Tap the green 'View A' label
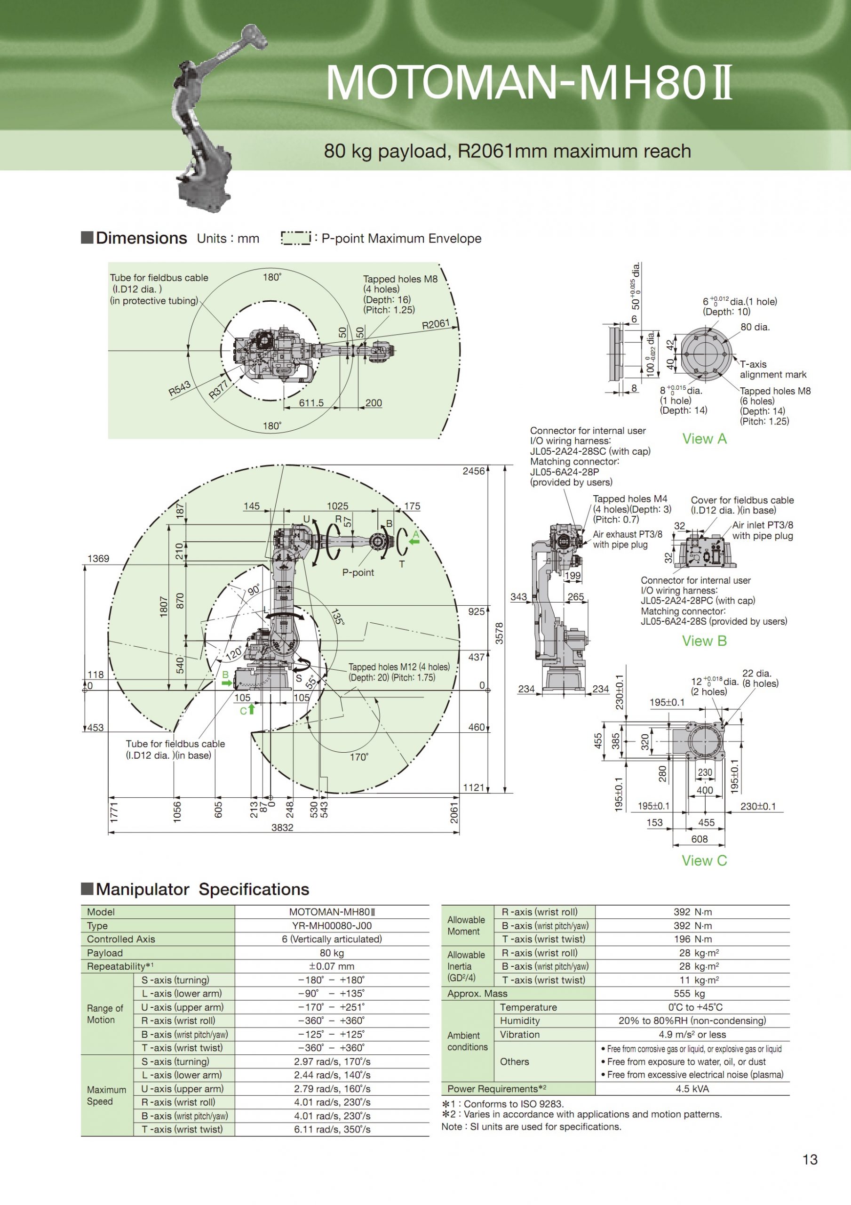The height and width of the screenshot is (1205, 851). coord(704,439)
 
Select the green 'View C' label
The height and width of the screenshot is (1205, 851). coord(704,861)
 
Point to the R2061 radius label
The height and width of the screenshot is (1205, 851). coord(436,324)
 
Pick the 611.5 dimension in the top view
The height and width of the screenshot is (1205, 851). coord(311,403)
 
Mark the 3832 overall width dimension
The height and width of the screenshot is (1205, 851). coord(282,827)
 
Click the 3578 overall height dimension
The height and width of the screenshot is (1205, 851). coord(500,633)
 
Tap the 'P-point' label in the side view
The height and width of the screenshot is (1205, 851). coord(358,572)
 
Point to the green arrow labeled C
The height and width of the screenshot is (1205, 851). coord(251,709)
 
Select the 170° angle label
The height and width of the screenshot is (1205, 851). coord(359,757)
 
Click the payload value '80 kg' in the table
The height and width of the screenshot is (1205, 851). coord(332,953)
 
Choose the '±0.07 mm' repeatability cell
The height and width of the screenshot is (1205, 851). coord(332,966)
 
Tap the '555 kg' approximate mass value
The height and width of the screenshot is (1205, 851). coord(692,994)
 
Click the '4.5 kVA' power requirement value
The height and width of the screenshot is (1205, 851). coord(692,1089)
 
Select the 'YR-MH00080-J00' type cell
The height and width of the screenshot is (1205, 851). coord(332,926)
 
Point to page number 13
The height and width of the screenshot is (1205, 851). coord(810,1160)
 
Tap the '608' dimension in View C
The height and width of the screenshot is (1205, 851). coord(700,839)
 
